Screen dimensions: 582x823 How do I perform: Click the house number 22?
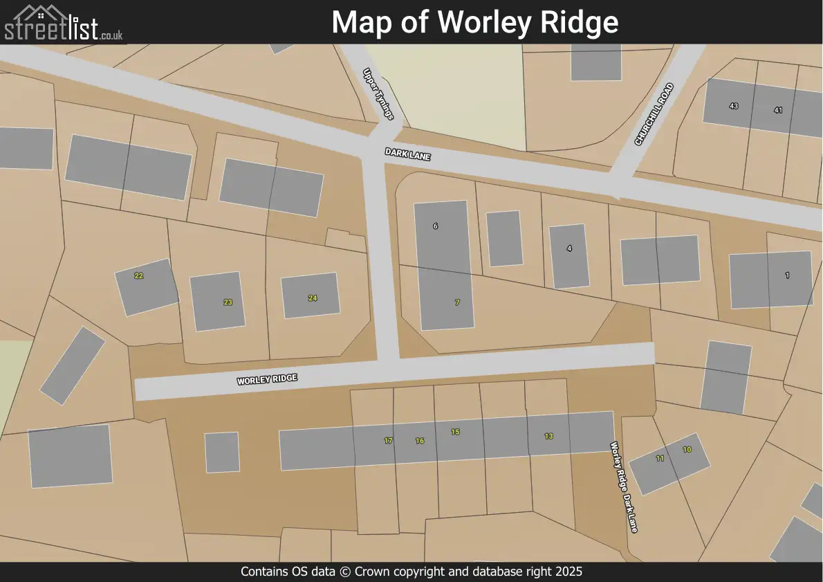click(x=139, y=276)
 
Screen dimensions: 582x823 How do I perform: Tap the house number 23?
click(x=228, y=302)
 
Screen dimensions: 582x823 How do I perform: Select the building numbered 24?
click(x=313, y=298)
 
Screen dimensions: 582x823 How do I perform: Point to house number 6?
click(x=435, y=226)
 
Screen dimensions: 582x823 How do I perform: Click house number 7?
click(x=457, y=303)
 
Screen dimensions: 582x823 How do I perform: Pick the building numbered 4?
click(x=569, y=248)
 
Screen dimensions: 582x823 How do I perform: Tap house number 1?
click(x=787, y=275)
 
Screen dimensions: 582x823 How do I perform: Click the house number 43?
click(x=734, y=106)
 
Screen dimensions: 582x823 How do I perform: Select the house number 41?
click(x=778, y=110)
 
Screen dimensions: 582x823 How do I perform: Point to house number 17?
click(x=388, y=441)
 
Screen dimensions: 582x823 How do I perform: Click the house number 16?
click(x=420, y=441)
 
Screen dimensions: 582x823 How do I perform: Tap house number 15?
click(x=455, y=432)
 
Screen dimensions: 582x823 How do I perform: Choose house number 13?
click(x=548, y=437)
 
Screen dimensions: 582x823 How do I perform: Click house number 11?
click(x=660, y=458)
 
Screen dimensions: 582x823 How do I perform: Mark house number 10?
click(x=687, y=450)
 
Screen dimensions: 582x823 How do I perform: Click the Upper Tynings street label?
click(x=379, y=93)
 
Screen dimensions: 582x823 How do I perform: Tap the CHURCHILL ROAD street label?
click(x=654, y=114)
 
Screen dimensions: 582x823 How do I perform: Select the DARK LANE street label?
click(x=408, y=153)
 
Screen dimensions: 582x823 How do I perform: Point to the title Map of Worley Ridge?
click(x=475, y=22)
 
